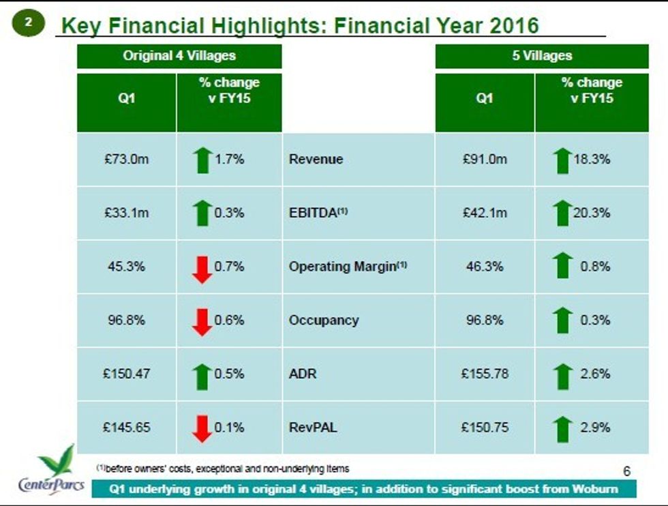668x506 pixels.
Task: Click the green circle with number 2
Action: (x=28, y=23)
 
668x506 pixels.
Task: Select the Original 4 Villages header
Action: (x=179, y=56)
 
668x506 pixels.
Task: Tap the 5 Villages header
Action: (x=542, y=56)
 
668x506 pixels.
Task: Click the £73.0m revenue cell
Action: (x=127, y=160)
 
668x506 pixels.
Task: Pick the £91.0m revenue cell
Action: (x=485, y=160)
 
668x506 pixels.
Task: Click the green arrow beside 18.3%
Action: (x=562, y=160)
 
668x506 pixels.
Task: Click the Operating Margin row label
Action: (x=348, y=267)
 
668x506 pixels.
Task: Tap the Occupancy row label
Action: (x=323, y=321)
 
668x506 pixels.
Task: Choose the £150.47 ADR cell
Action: (x=127, y=374)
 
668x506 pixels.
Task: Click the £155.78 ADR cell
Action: (x=485, y=374)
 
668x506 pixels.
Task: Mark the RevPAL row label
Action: (x=313, y=428)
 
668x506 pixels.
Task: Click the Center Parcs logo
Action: (x=51, y=471)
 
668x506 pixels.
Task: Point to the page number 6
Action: (x=627, y=471)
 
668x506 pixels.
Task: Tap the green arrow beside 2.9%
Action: (x=562, y=429)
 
